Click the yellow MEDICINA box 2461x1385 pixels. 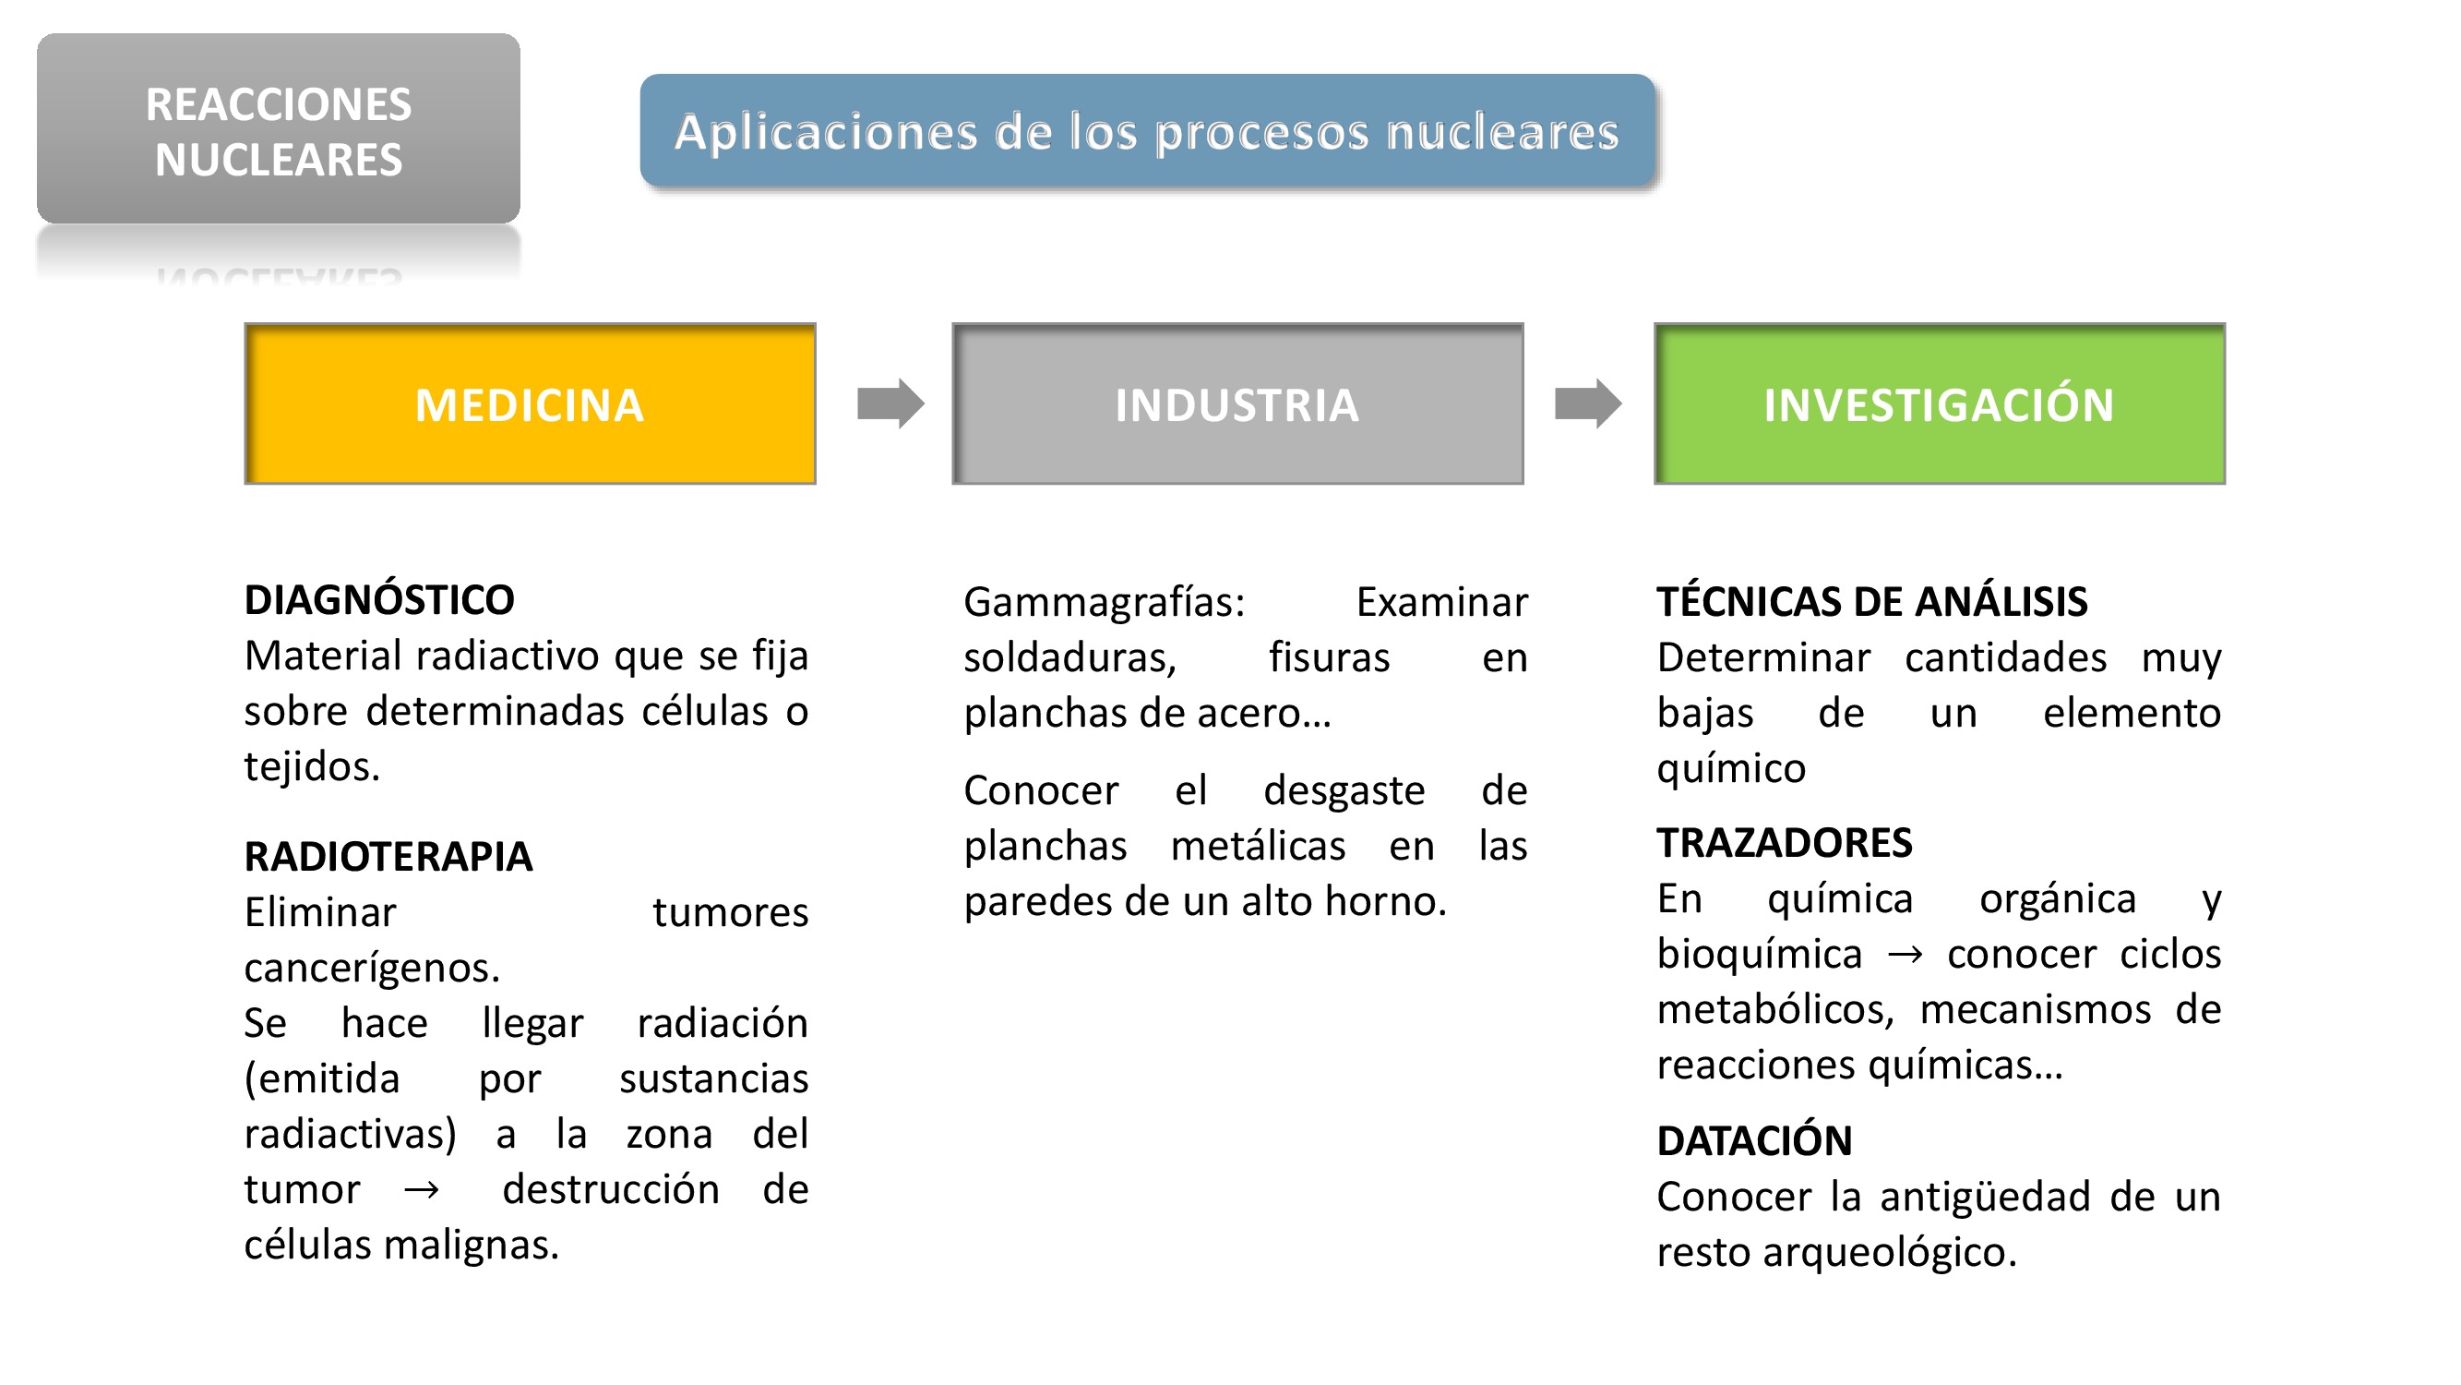pos(530,403)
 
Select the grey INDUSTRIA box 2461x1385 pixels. pos(1236,403)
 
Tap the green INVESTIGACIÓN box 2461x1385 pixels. pos(1939,403)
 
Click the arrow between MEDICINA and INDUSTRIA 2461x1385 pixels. pos(890,403)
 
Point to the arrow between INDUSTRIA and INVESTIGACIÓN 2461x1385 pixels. pos(1587,403)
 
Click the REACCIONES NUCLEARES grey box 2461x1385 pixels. pos(278,130)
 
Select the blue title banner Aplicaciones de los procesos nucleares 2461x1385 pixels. pos(1146,131)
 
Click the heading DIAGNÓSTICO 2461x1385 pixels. pos(378,600)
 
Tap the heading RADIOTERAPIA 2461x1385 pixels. pos(388,857)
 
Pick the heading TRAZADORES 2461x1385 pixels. pos(1784,843)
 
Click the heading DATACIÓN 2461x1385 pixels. pos(1754,1141)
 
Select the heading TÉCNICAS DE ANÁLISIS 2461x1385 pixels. pos(1871,602)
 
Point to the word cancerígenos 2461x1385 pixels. pos(371,969)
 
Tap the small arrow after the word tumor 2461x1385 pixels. pos(422,1191)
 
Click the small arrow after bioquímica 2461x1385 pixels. pos(1904,955)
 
